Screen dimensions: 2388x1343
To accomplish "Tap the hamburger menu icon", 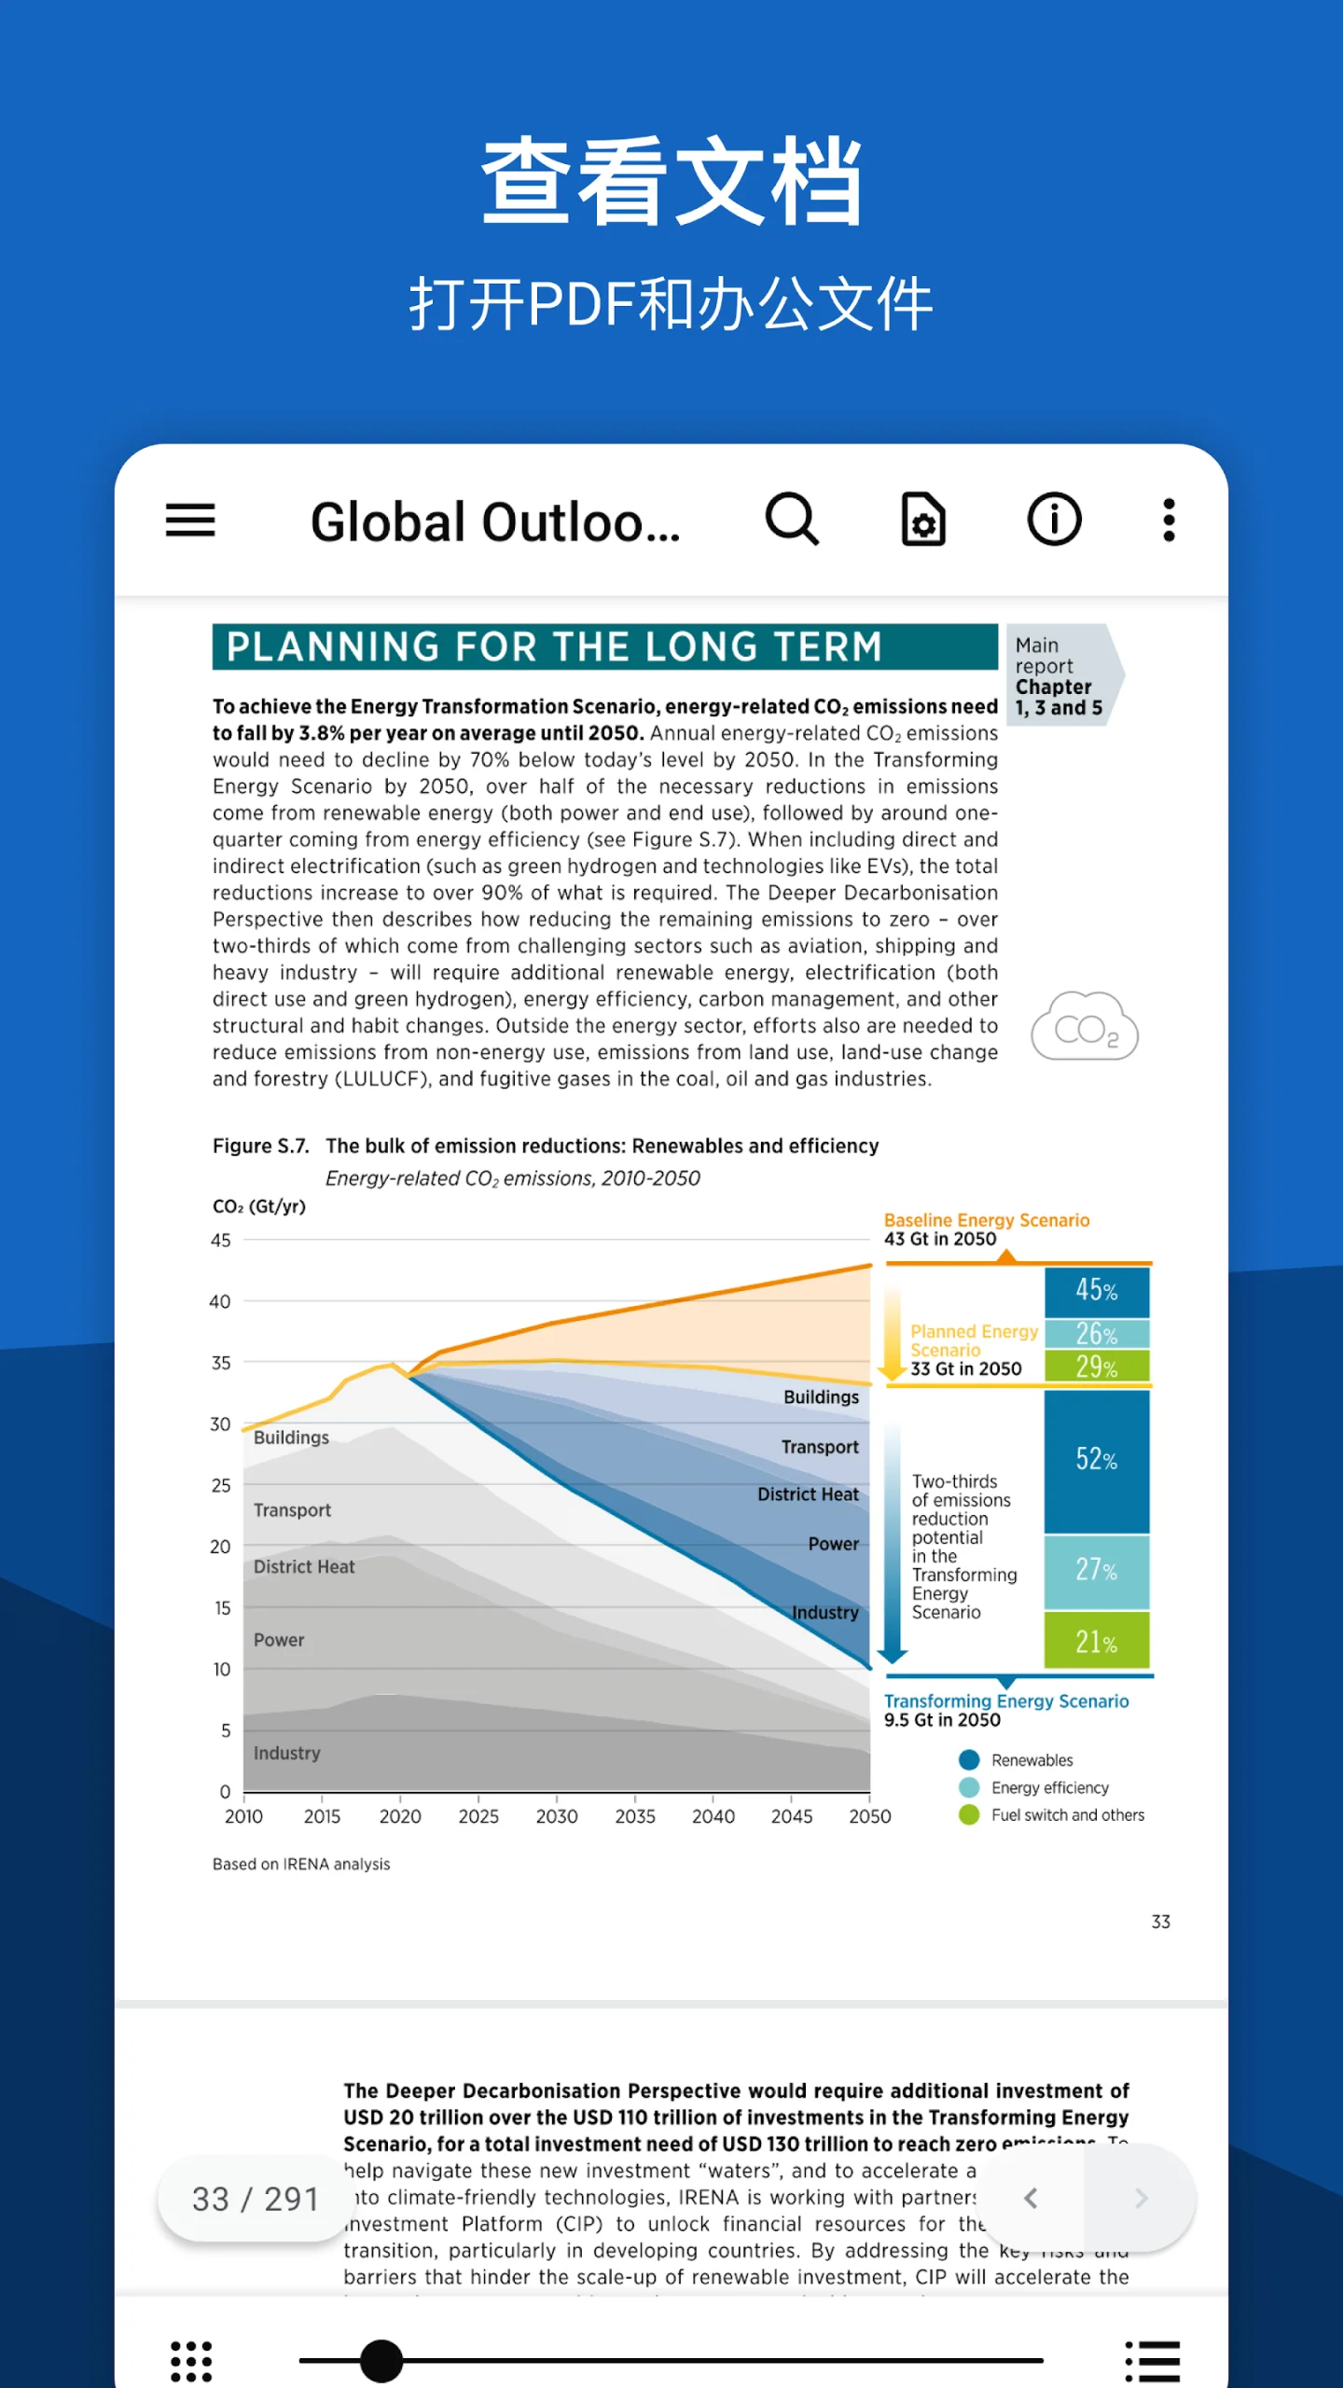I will (190, 520).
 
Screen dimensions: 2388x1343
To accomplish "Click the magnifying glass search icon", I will (792, 519).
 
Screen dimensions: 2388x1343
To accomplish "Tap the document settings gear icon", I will (923, 520).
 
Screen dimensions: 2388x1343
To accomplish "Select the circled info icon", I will (1054, 520).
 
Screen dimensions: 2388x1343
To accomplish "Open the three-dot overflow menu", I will (1169, 520).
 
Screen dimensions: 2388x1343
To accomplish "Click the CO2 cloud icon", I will (1085, 1026).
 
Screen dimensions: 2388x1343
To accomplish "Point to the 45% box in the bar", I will (1097, 1291).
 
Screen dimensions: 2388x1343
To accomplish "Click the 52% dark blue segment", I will (1097, 1460).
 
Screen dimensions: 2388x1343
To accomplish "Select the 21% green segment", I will (1097, 1642).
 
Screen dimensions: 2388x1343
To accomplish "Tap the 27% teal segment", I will (1097, 1570).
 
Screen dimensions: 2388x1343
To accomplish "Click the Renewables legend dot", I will (969, 1760).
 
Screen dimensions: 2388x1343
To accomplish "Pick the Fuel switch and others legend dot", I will (969, 1815).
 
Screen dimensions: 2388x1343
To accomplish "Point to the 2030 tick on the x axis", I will (557, 1815).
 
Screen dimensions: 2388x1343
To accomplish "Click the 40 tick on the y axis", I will (220, 1301).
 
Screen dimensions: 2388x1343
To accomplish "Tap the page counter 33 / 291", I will (255, 2200).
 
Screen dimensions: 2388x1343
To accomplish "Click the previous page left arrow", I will (1031, 2199).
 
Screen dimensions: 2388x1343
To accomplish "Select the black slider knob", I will (381, 2361).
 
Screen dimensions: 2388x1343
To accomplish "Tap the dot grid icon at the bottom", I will (191, 2361).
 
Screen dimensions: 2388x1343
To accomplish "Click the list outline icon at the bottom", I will (1153, 2361).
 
